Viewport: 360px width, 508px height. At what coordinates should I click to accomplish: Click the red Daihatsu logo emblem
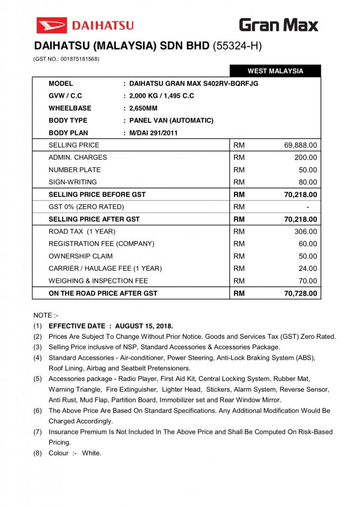(51, 25)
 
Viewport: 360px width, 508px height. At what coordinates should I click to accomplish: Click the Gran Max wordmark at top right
(279, 25)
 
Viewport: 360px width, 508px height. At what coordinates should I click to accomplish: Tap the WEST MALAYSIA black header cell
(275, 71)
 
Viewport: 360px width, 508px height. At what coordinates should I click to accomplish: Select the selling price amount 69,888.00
(300, 145)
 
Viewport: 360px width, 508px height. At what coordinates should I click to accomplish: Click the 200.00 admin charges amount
(305, 158)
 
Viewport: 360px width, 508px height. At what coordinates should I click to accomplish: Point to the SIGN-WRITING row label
(72, 182)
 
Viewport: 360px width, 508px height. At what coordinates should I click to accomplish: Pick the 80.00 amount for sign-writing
(307, 182)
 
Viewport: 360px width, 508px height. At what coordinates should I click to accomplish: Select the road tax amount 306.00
(305, 232)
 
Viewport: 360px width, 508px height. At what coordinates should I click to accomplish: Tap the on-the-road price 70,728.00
(300, 293)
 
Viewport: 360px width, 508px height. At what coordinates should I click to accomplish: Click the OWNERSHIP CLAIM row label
(80, 256)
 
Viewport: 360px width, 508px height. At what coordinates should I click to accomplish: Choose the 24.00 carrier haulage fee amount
(307, 269)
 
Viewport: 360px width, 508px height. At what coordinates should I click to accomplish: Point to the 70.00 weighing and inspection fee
(307, 281)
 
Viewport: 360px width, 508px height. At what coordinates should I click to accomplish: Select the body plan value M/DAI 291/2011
(153, 133)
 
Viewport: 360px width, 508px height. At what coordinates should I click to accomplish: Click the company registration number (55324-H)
(237, 47)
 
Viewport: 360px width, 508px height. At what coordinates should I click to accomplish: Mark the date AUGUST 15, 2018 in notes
(144, 326)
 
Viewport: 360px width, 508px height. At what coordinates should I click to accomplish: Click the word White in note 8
(92, 453)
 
